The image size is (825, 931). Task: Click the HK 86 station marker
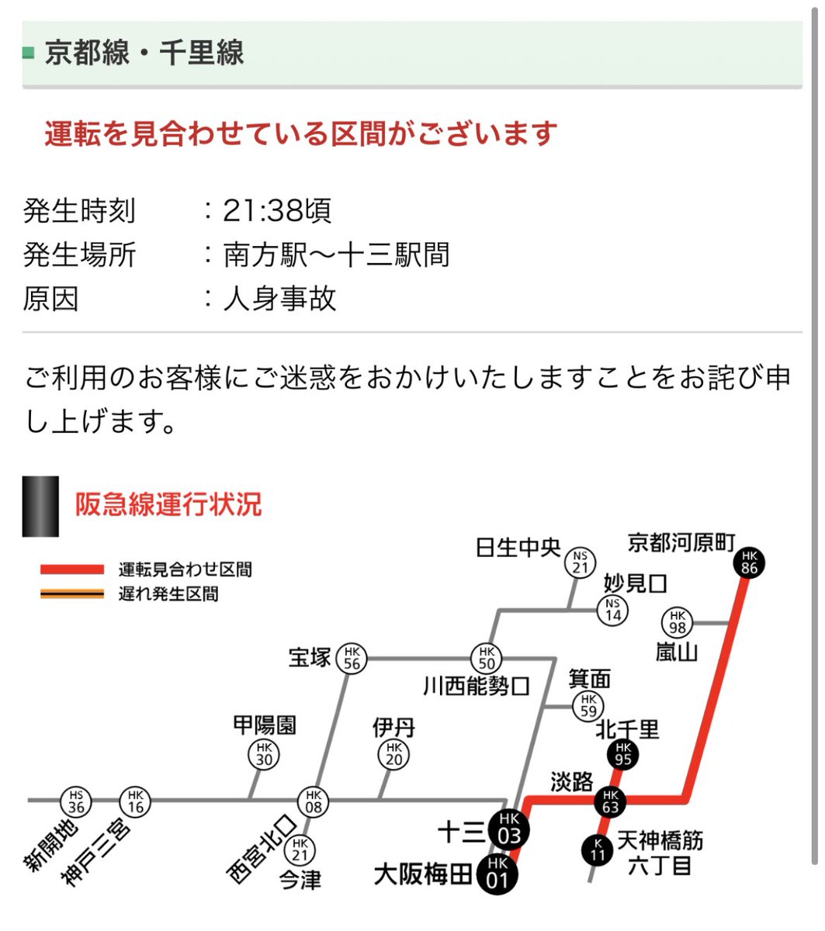(x=749, y=562)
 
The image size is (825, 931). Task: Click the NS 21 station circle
(x=580, y=562)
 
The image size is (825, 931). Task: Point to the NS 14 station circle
(x=613, y=610)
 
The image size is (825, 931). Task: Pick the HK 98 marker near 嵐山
(x=678, y=622)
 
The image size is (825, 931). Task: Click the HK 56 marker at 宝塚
(x=352, y=659)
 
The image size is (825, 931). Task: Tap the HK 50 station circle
(x=487, y=659)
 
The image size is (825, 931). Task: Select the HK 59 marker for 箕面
(x=588, y=706)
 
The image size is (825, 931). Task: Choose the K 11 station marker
(x=598, y=850)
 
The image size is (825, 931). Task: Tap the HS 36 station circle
(x=76, y=801)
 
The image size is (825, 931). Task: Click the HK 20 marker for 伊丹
(x=394, y=754)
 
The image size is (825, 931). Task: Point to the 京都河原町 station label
(x=681, y=542)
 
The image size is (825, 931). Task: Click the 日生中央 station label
(x=518, y=548)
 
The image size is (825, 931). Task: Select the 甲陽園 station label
(x=265, y=725)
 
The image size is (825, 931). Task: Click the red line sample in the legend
(x=72, y=569)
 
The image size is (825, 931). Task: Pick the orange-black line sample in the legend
(x=72, y=594)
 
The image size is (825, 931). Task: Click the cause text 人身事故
(x=279, y=299)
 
